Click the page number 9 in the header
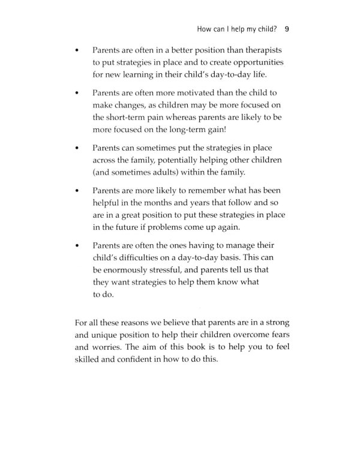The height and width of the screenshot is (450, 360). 287,28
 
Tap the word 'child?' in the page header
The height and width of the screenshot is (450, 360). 262,28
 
